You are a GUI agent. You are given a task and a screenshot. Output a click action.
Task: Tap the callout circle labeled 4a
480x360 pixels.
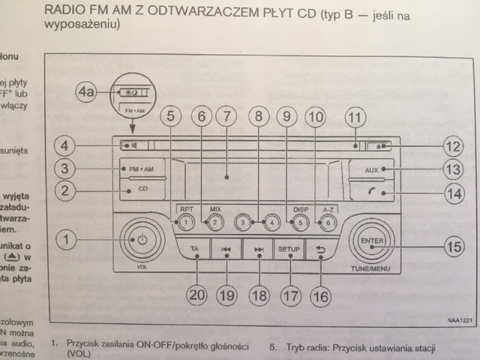[x=88, y=94]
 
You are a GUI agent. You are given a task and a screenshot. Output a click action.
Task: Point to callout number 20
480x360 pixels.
[x=196, y=295]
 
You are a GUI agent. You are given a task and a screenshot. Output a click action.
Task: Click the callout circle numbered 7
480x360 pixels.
[x=224, y=117]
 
